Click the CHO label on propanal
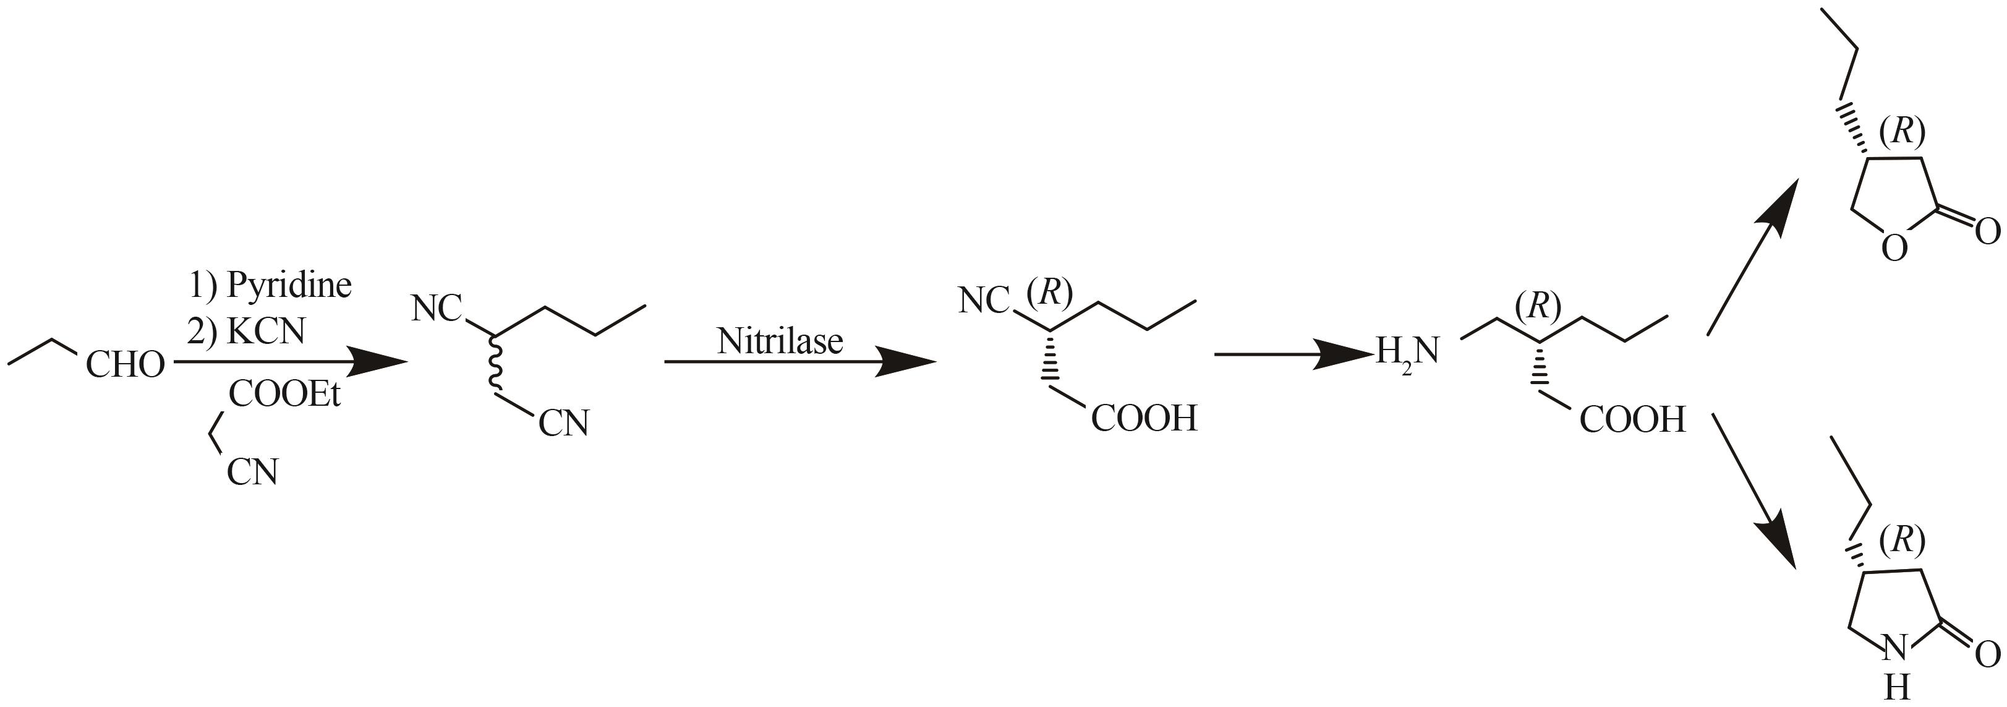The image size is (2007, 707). point(126,365)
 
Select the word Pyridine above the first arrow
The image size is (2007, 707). point(289,286)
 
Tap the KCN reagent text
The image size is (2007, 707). point(266,332)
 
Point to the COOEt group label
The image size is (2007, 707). point(285,395)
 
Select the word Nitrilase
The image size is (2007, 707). point(780,341)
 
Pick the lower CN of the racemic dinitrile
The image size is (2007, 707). point(564,423)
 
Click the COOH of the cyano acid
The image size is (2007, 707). point(1144,419)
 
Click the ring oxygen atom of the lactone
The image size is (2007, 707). point(1895,249)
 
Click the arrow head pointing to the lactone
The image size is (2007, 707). point(1781,202)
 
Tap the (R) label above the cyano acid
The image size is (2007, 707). point(1049,291)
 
